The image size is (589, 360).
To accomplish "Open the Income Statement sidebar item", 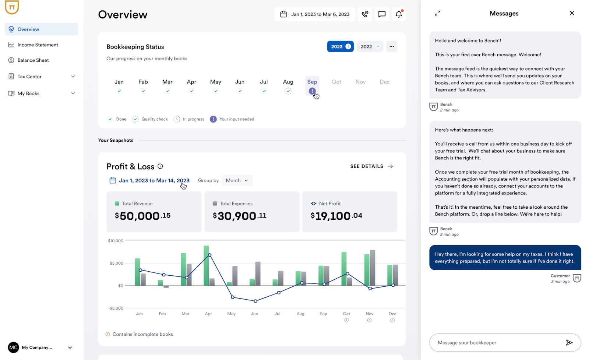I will [38, 45].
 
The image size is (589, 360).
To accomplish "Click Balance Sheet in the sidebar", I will [33, 60].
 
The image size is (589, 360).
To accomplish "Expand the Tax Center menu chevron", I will [73, 77].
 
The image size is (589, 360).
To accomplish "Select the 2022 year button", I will [370, 47].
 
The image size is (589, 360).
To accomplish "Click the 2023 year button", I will [340, 47].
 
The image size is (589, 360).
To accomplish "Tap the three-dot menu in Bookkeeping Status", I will [392, 47].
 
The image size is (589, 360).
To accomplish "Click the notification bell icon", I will [399, 14].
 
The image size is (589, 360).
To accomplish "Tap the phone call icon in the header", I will [365, 14].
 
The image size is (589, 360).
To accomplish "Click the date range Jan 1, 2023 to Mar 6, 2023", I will [315, 14].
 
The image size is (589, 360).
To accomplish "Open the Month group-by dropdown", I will [237, 180].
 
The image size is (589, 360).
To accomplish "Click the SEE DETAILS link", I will [371, 166].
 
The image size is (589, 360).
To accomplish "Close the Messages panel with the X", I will [572, 13].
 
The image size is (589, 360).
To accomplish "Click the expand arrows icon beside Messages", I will [437, 13].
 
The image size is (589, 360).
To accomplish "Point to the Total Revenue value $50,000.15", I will [143, 216].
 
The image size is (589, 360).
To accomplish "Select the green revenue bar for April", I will [206, 265].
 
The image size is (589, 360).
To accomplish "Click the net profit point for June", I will [255, 301].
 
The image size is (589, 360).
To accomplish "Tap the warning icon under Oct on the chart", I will [346, 320].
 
